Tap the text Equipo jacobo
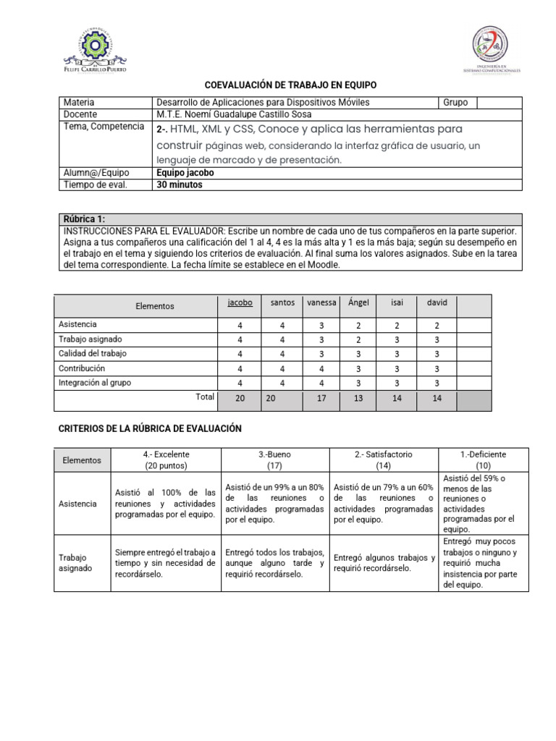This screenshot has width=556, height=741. pos(185,173)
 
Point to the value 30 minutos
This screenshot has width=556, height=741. pos(180,185)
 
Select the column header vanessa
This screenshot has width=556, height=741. pos(321,303)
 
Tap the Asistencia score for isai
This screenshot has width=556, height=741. pos(397,326)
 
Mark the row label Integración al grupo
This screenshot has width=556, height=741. pos(95,382)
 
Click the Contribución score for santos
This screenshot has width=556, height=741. pos(282,368)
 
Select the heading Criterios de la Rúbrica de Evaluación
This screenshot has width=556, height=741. pos(149,429)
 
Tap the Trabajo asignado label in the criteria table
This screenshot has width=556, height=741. pos(75,563)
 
